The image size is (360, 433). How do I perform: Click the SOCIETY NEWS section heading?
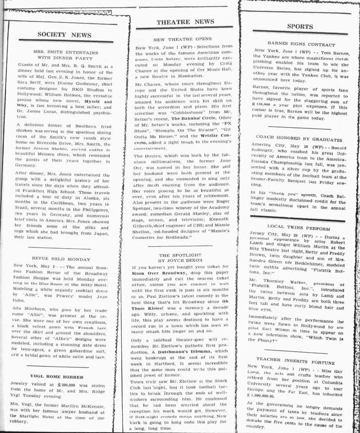(x=64, y=35)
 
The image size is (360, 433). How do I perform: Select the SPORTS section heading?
(x=300, y=26)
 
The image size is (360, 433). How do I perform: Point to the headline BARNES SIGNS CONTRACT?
(x=301, y=44)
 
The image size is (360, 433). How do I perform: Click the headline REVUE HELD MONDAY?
(x=62, y=257)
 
